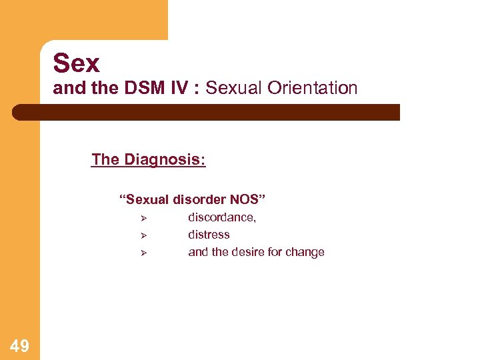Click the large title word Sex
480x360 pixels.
click(x=76, y=63)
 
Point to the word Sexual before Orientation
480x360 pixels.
click(x=233, y=88)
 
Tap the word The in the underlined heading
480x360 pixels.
click(x=105, y=160)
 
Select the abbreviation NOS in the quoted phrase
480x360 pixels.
click(x=250, y=199)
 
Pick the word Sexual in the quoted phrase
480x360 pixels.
click(x=147, y=199)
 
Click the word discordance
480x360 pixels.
click(x=222, y=217)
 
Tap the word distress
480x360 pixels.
click(x=209, y=235)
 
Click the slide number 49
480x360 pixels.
click(x=19, y=345)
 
